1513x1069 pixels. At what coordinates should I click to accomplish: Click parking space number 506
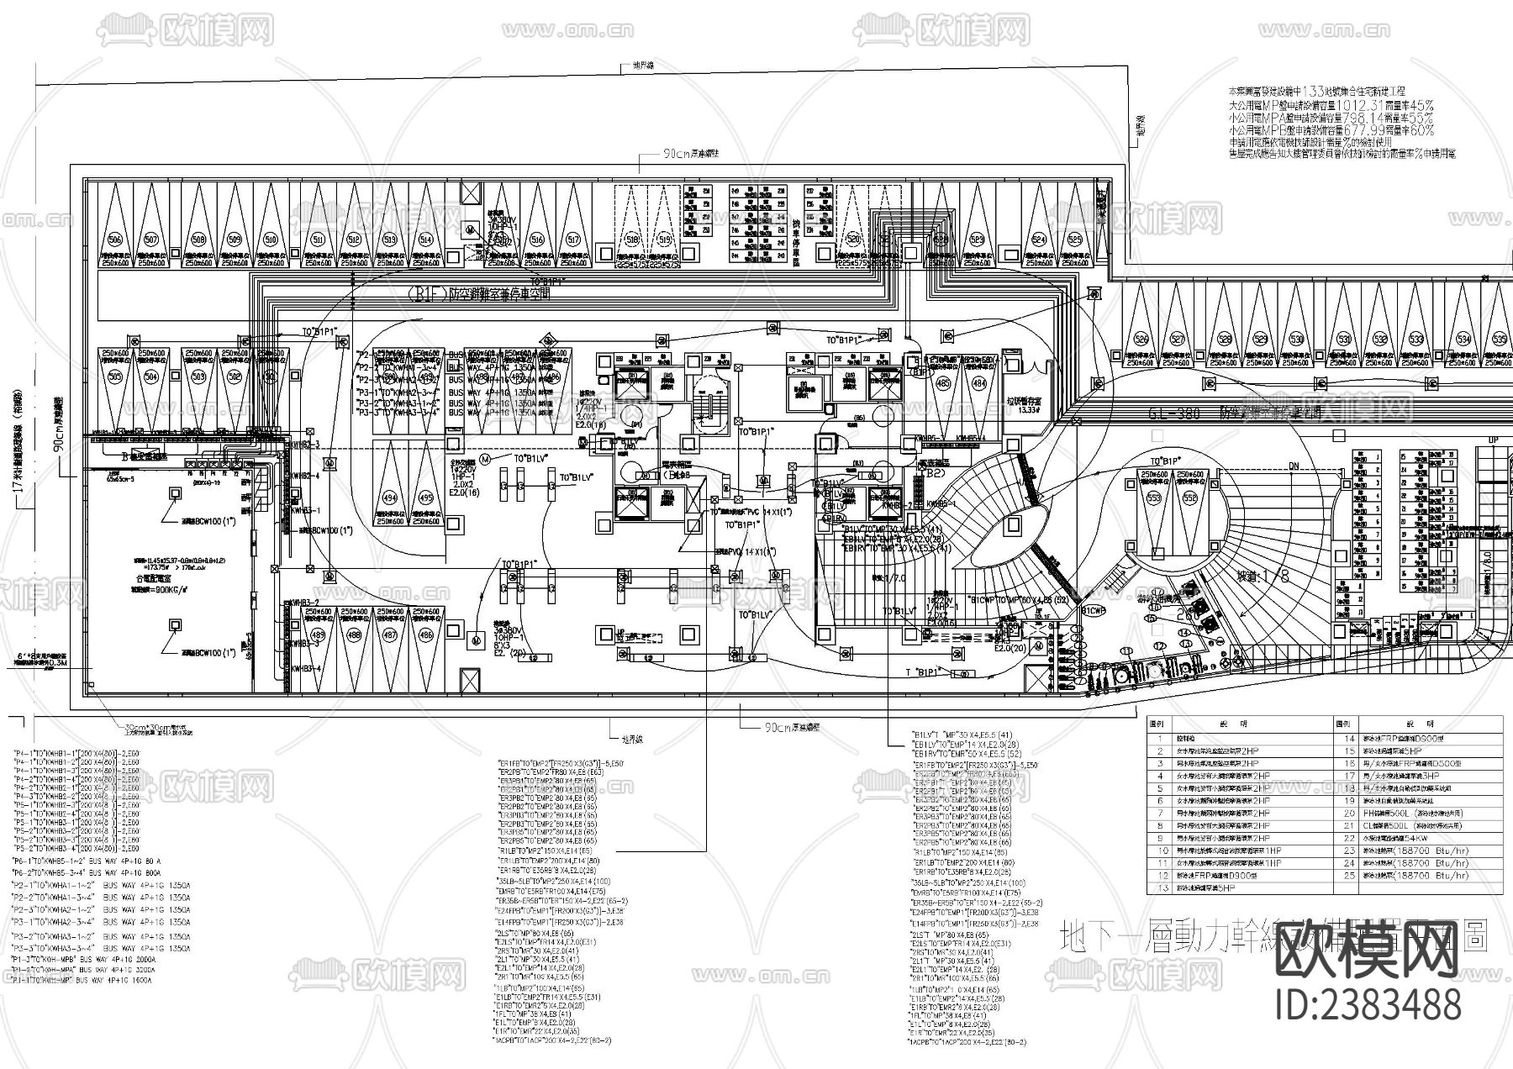[x=115, y=240]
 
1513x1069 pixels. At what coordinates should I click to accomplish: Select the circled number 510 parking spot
[x=271, y=240]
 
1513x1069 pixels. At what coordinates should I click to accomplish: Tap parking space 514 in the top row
[x=426, y=240]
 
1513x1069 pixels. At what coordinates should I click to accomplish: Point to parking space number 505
[x=115, y=377]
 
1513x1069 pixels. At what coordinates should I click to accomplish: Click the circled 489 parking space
[x=319, y=635]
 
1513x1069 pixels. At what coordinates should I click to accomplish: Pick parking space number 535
[x=1499, y=340]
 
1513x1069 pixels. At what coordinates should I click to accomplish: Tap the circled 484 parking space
[x=979, y=383]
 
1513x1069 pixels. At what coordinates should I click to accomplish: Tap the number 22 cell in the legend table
[x=1350, y=838]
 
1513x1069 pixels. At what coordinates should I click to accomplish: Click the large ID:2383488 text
[x=1368, y=1006]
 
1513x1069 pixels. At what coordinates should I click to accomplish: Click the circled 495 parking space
[x=426, y=498]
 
